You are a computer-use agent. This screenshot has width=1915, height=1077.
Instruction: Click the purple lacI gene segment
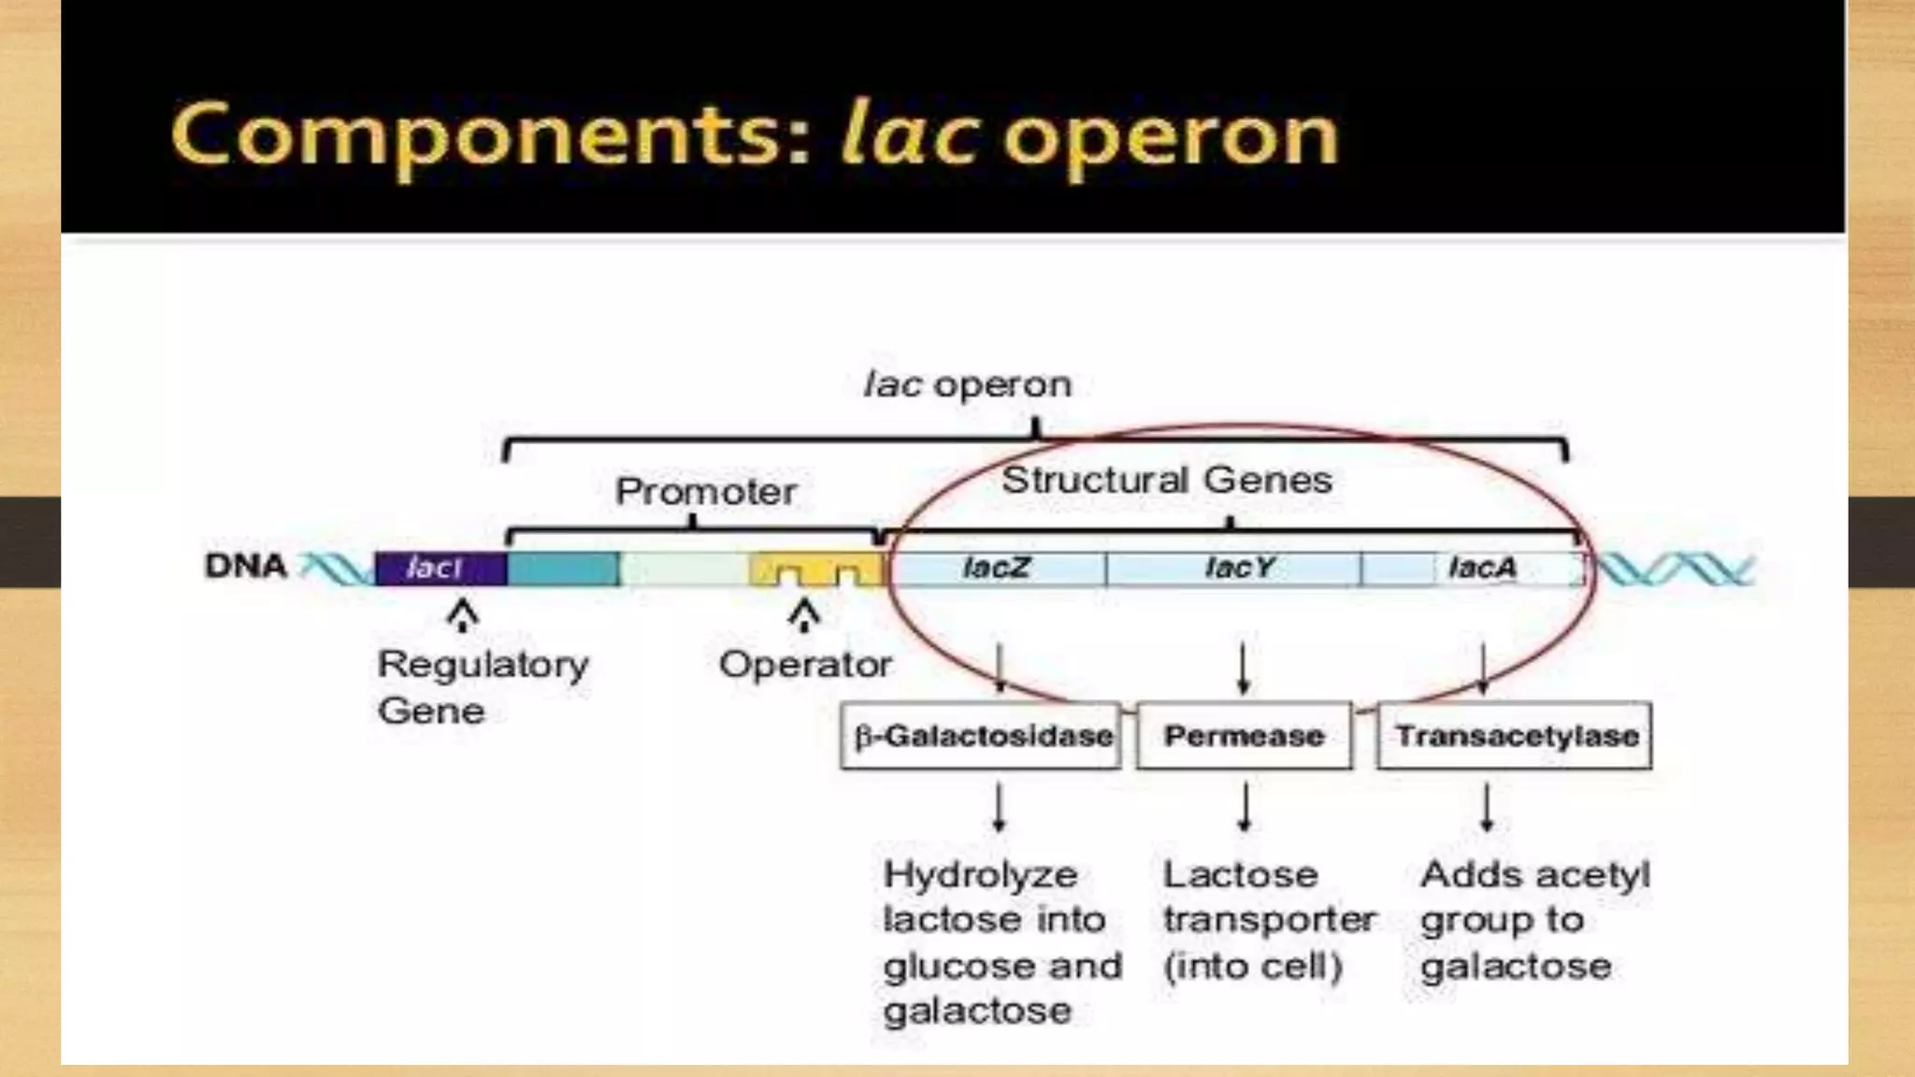click(x=440, y=567)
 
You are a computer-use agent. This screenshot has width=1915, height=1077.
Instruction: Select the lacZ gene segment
click(x=997, y=567)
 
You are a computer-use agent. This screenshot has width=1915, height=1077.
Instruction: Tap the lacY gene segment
click(x=1238, y=567)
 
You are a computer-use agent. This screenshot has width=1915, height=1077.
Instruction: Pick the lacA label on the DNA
click(x=1482, y=567)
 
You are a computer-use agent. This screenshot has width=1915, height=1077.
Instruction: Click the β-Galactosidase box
click(x=981, y=736)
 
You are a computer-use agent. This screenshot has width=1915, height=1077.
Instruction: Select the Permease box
click(x=1244, y=736)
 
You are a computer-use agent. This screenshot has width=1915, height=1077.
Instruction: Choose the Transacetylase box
click(x=1515, y=736)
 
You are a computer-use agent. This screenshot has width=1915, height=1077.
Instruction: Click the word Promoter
click(x=706, y=492)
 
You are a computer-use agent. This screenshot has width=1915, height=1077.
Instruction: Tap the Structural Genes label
click(x=1166, y=481)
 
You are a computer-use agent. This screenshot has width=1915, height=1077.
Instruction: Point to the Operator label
click(x=805, y=665)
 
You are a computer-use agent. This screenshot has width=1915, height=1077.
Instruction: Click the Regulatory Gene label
click(x=482, y=687)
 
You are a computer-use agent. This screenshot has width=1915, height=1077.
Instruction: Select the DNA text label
click(x=245, y=566)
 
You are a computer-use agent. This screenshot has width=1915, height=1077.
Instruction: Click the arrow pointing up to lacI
click(x=462, y=616)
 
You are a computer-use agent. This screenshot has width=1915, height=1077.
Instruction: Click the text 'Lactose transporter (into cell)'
click(x=1268, y=920)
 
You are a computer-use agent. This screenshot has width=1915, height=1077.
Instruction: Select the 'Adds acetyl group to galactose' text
click(x=1533, y=920)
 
